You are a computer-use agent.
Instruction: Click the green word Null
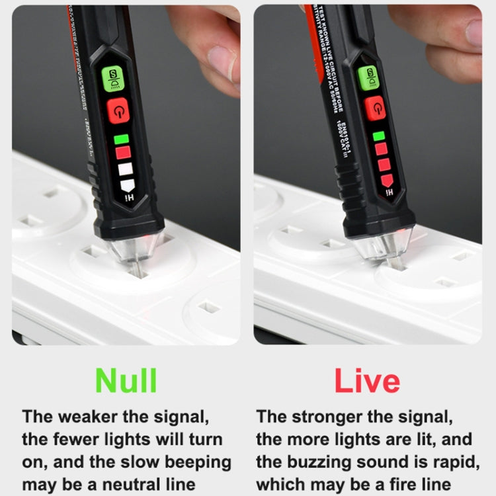click(126, 381)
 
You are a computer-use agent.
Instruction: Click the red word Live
click(366, 381)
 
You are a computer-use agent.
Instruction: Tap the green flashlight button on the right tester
click(369, 77)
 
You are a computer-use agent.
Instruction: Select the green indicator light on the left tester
click(121, 140)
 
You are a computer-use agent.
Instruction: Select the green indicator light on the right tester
click(379, 136)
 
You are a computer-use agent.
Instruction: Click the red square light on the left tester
click(123, 153)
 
